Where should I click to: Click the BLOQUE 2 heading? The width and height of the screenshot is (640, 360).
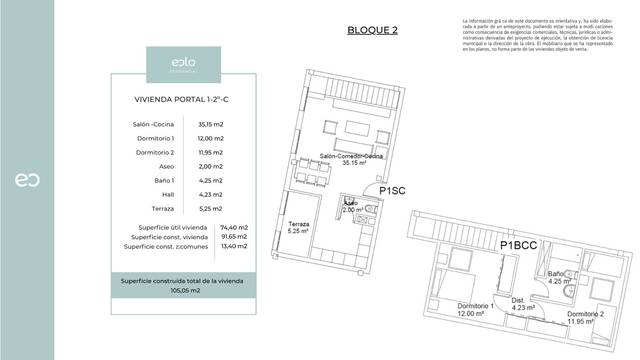click(372, 30)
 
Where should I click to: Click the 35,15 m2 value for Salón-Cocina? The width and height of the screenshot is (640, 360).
click(212, 124)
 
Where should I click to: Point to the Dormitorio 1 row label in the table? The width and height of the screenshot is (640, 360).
click(155, 138)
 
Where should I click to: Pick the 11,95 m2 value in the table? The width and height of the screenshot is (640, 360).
click(212, 152)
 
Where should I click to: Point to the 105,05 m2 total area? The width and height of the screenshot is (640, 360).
click(183, 290)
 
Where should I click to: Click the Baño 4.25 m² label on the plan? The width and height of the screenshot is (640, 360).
click(558, 277)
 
